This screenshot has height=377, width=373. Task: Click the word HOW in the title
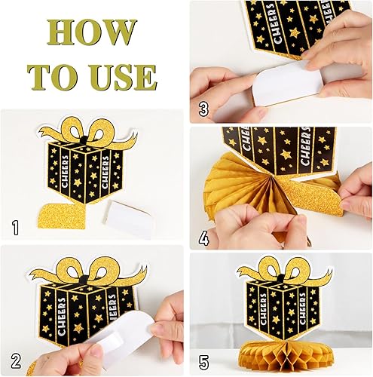click(92, 31)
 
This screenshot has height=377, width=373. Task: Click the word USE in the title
click(124, 77)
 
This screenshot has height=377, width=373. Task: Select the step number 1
click(16, 228)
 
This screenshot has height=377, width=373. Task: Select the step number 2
click(16, 361)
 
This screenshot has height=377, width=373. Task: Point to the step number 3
click(203, 109)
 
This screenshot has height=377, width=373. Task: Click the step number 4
click(203, 238)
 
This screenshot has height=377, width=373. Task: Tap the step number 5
click(203, 363)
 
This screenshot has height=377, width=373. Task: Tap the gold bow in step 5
click(283, 269)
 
